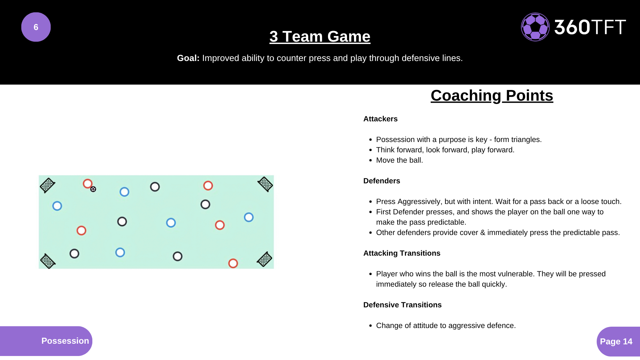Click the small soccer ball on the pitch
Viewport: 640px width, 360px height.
[x=93, y=189]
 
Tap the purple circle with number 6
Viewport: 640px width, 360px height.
[x=36, y=27]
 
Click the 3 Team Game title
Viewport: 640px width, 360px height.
[x=320, y=36]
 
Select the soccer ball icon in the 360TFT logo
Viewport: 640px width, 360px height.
[x=535, y=27]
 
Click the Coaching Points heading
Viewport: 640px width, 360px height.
[x=492, y=96]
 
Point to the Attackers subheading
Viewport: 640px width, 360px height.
[x=380, y=119]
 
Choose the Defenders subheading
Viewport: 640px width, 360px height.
[x=382, y=181]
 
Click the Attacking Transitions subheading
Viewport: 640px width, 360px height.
[x=402, y=253]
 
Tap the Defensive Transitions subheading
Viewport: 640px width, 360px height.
[x=402, y=305]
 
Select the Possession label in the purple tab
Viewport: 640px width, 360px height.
[x=65, y=341]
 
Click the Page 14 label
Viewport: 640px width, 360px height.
[x=616, y=342]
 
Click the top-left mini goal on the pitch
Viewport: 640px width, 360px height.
[x=47, y=185]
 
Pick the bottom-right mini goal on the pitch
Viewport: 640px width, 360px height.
[x=265, y=259]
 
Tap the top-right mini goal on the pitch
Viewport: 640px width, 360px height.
[x=265, y=184]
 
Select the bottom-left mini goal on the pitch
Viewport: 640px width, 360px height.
[x=47, y=261]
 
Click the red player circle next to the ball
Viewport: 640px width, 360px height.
[x=88, y=184]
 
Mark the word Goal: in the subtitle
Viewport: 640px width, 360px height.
[x=188, y=58]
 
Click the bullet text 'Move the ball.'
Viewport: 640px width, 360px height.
[x=399, y=160]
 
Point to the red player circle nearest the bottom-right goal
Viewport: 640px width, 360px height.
[x=233, y=263]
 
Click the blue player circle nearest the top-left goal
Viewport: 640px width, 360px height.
[x=57, y=206]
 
